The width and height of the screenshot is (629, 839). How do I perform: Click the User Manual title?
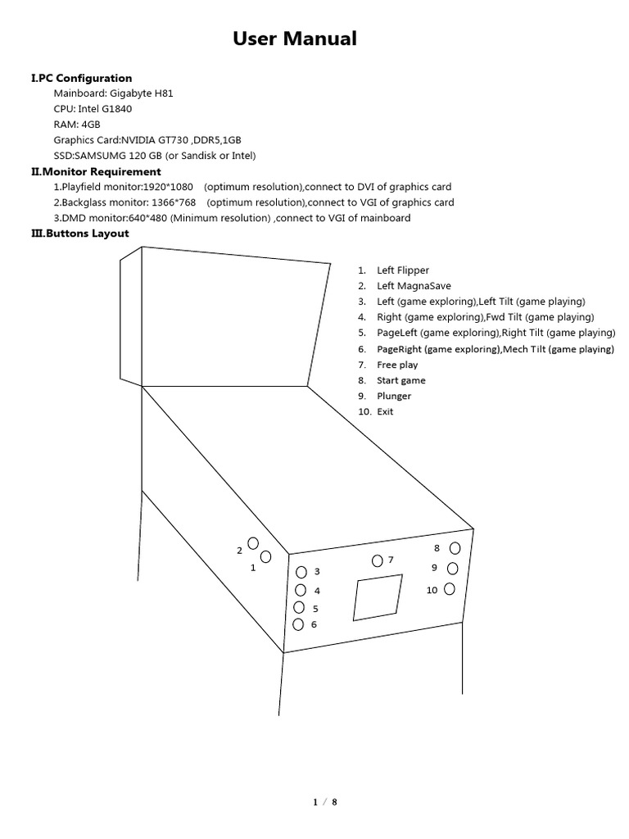click(x=295, y=39)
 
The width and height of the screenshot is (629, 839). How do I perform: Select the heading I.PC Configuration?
click(x=81, y=78)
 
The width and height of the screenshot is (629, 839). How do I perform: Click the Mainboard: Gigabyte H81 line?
click(x=113, y=93)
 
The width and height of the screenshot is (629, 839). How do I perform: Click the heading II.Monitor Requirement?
click(x=96, y=171)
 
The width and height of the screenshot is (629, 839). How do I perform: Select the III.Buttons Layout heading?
click(x=79, y=234)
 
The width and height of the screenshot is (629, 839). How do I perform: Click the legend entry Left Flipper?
click(x=402, y=270)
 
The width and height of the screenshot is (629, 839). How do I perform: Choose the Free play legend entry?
click(x=397, y=365)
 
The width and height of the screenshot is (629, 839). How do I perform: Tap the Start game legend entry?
click(x=400, y=380)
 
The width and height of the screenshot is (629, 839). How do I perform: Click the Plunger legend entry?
click(x=394, y=396)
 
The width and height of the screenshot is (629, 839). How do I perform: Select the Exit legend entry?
click(x=385, y=411)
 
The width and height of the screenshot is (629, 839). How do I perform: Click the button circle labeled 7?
click(x=377, y=561)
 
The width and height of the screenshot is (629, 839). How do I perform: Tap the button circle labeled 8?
click(x=455, y=548)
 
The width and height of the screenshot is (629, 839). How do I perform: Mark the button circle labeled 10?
click(x=449, y=588)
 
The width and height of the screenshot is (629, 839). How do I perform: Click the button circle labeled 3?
click(x=301, y=572)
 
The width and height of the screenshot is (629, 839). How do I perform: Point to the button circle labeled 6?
click(x=298, y=624)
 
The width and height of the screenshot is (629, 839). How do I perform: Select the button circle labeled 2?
click(x=253, y=543)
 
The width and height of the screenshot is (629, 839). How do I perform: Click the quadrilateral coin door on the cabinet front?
click(x=377, y=596)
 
